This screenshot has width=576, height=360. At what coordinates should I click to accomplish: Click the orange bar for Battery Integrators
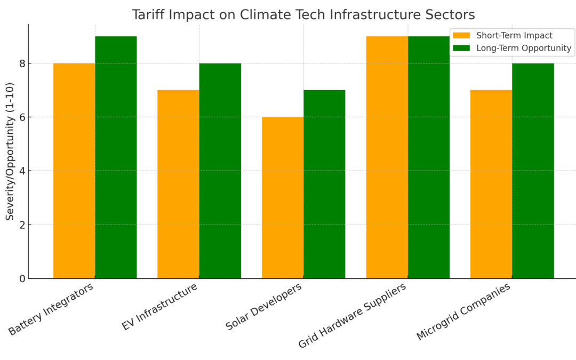pyautogui.click(x=74, y=171)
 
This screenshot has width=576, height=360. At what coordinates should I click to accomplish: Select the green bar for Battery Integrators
pyautogui.click(x=116, y=157)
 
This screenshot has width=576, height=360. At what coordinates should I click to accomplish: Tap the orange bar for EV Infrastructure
pyautogui.click(x=178, y=184)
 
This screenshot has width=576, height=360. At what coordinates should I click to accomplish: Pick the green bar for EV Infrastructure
pyautogui.click(x=220, y=171)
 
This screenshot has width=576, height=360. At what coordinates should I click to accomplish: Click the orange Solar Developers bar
pyautogui.click(x=283, y=197)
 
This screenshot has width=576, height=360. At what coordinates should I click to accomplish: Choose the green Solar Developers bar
pyautogui.click(x=324, y=184)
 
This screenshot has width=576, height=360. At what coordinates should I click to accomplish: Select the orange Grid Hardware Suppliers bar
pyautogui.click(x=387, y=157)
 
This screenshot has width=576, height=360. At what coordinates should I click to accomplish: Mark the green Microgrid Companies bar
pyautogui.click(x=533, y=171)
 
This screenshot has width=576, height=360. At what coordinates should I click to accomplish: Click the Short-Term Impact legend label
pyautogui.click(x=514, y=36)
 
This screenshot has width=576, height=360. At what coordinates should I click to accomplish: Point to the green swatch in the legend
pyautogui.click(x=461, y=49)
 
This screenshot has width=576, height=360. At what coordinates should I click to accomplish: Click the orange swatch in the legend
pyautogui.click(x=461, y=36)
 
